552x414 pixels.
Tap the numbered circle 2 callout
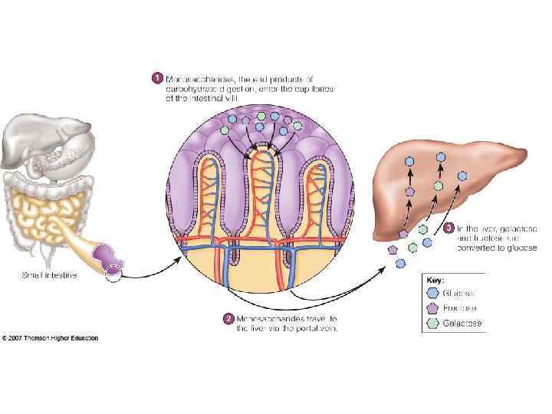228,318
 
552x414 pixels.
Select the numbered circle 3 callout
449,228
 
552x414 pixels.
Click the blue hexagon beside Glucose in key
433,293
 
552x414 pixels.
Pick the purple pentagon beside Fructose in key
433,308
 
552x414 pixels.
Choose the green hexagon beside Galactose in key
433,324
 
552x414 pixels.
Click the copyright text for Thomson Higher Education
51,338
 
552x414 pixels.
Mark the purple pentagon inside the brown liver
410,190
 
